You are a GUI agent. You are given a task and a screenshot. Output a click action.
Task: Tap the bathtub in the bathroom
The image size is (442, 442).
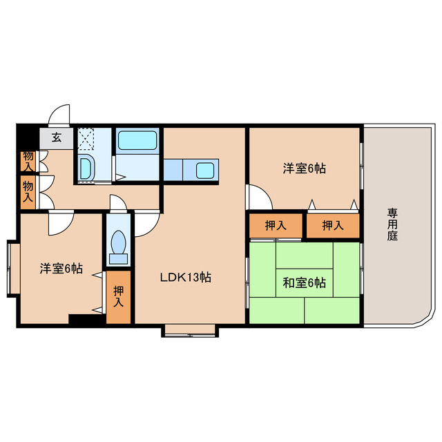pos(138,141)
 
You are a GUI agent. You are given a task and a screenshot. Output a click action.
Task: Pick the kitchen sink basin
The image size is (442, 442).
pos(206,169)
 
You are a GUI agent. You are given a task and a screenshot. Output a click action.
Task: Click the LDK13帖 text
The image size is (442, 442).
pos(186,278)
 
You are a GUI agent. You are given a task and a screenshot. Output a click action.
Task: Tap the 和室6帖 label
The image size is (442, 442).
pos(305,282)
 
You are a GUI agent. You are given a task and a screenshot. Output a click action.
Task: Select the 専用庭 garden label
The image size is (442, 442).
pos(392,224)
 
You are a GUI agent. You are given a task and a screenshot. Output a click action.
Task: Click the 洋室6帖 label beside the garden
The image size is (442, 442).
pos(305,168)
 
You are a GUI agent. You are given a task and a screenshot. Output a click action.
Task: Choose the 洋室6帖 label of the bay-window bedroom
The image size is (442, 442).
pos(60,269)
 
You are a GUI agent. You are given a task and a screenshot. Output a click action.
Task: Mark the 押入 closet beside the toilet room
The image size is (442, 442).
pos(118,297)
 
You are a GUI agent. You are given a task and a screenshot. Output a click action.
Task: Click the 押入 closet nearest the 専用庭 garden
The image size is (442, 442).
pos(333,225)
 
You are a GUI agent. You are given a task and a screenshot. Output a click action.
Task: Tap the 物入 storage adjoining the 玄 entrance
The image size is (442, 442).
pos(28,161)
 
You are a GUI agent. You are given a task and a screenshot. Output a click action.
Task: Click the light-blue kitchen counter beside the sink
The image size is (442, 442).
pos(174,169)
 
